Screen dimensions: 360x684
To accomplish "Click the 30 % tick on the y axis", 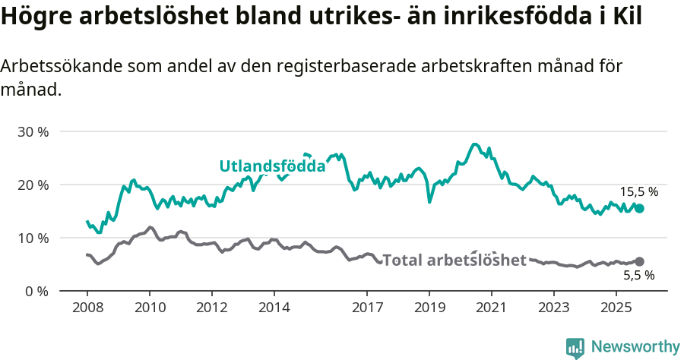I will [33, 131].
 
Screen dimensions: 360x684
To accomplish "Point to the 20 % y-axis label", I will [33, 185].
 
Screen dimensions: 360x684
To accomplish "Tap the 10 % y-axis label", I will [33, 238].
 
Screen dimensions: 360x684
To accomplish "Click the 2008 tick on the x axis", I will [87, 308].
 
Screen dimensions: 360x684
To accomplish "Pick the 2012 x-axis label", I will [211, 308].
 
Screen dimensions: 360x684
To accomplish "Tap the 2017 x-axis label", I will [367, 308].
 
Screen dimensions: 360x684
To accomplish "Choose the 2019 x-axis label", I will [429, 308].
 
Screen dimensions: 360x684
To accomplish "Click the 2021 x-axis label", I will [491, 308].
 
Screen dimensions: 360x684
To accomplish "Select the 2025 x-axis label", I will [616, 308].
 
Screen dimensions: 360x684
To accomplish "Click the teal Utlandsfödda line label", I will [272, 166].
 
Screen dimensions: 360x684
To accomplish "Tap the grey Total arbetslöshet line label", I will [454, 261].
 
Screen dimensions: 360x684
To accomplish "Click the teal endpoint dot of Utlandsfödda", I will [639, 208].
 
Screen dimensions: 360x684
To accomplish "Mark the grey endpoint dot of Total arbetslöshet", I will [639, 261].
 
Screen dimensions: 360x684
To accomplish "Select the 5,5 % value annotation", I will [638, 276].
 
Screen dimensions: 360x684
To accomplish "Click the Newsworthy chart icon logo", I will [575, 347].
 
